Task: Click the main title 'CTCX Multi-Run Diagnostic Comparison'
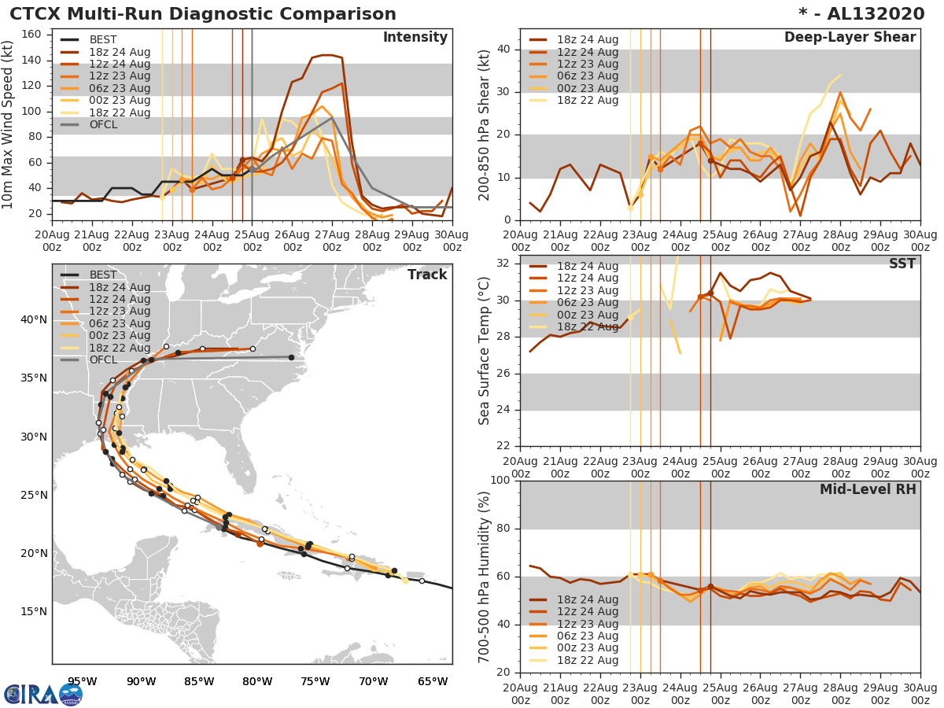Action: (203, 14)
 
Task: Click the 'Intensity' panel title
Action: (415, 38)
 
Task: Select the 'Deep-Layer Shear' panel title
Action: (850, 38)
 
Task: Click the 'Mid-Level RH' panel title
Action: (868, 489)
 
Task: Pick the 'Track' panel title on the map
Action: (427, 275)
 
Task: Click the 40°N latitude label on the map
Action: (34, 319)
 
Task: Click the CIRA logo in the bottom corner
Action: (43, 694)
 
